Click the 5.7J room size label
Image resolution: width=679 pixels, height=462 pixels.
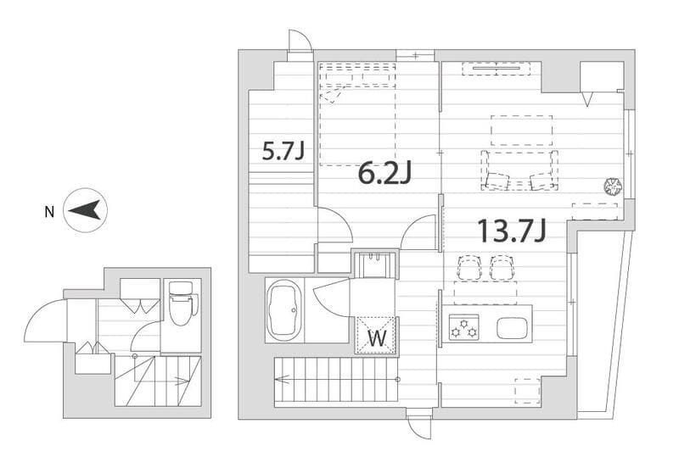[x=284, y=152]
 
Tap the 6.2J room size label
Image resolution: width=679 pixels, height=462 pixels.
[x=384, y=173]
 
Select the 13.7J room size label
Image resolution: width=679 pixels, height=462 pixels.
[x=512, y=230]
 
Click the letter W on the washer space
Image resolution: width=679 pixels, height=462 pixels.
[x=377, y=339]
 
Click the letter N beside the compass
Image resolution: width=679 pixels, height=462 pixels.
[x=50, y=212]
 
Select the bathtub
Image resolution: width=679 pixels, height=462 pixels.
[x=284, y=309]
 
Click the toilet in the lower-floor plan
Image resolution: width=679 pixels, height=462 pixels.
[x=182, y=303]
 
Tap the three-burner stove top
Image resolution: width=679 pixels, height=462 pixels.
[x=463, y=327]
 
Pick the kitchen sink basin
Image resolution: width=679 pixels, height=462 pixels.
[x=512, y=328]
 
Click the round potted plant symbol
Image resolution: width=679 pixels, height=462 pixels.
[x=613, y=186]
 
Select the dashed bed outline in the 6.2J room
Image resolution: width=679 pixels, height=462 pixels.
[x=357, y=114]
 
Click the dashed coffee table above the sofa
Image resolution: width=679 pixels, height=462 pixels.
[x=522, y=131]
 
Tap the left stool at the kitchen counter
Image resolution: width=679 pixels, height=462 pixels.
[x=469, y=267]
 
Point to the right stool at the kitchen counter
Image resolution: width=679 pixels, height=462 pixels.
[x=502, y=267]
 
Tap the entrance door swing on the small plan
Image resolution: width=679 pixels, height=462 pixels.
[x=46, y=320]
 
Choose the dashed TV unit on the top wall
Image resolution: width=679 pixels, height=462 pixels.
[x=496, y=69]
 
